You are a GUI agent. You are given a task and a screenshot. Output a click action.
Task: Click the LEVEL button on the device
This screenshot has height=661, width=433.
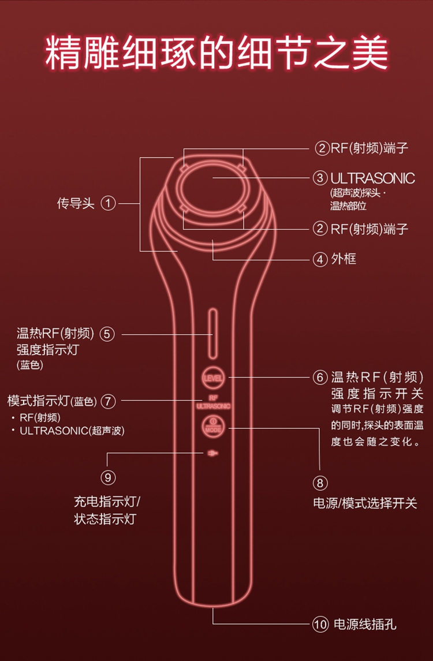click(213, 378)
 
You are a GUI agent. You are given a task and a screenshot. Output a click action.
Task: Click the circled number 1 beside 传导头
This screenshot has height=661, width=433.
click(109, 203)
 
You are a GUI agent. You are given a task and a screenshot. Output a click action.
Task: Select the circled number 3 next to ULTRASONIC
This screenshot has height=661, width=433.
click(320, 177)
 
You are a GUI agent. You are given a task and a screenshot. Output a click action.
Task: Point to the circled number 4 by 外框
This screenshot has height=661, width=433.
click(320, 259)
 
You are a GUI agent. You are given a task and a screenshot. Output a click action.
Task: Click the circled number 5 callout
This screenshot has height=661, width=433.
click(107, 334)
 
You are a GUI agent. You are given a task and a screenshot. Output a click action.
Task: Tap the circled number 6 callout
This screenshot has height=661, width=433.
click(320, 377)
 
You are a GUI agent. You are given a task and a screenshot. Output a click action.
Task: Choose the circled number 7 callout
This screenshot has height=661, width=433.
click(109, 401)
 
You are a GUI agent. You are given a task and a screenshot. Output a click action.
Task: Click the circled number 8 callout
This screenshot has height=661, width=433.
click(320, 483)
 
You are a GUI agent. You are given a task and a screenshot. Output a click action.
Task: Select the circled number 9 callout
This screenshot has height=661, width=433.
click(109, 477)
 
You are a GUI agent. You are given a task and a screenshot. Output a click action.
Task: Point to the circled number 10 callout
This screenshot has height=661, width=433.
click(320, 624)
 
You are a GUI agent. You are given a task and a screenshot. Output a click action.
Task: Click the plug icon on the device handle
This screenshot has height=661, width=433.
click(212, 454)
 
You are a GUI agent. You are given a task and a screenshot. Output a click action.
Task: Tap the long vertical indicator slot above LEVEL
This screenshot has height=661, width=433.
click(213, 334)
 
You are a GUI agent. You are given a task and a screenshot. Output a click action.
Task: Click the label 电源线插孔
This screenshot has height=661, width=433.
click(365, 624)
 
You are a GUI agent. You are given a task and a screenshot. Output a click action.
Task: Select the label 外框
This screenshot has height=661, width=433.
click(344, 259)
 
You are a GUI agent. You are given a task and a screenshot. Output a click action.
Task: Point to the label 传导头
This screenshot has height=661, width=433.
click(76, 203)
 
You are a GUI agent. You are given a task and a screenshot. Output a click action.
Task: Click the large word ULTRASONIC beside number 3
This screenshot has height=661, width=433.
click(373, 178)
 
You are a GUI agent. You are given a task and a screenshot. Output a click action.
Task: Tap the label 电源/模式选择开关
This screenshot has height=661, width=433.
click(365, 503)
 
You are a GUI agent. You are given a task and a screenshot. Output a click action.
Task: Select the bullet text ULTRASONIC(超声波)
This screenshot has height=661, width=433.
click(72, 431)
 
